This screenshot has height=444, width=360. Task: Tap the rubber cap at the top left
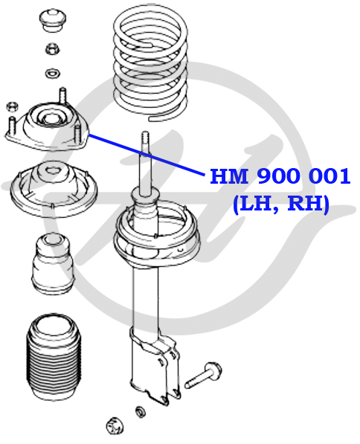(52, 20)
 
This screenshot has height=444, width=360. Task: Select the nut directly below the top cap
(52, 49)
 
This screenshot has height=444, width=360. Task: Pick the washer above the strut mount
(52, 73)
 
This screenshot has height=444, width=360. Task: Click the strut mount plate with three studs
(47, 125)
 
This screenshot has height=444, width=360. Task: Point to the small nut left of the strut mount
(13, 106)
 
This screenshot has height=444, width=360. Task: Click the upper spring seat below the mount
(54, 188)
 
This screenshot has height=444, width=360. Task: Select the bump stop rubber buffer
(54, 263)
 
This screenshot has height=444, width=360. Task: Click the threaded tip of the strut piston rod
(145, 138)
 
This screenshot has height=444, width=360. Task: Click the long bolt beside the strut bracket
(203, 375)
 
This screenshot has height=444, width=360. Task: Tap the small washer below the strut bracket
(141, 412)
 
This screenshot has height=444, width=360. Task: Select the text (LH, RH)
(281, 204)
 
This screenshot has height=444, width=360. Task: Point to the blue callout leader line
(147, 155)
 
